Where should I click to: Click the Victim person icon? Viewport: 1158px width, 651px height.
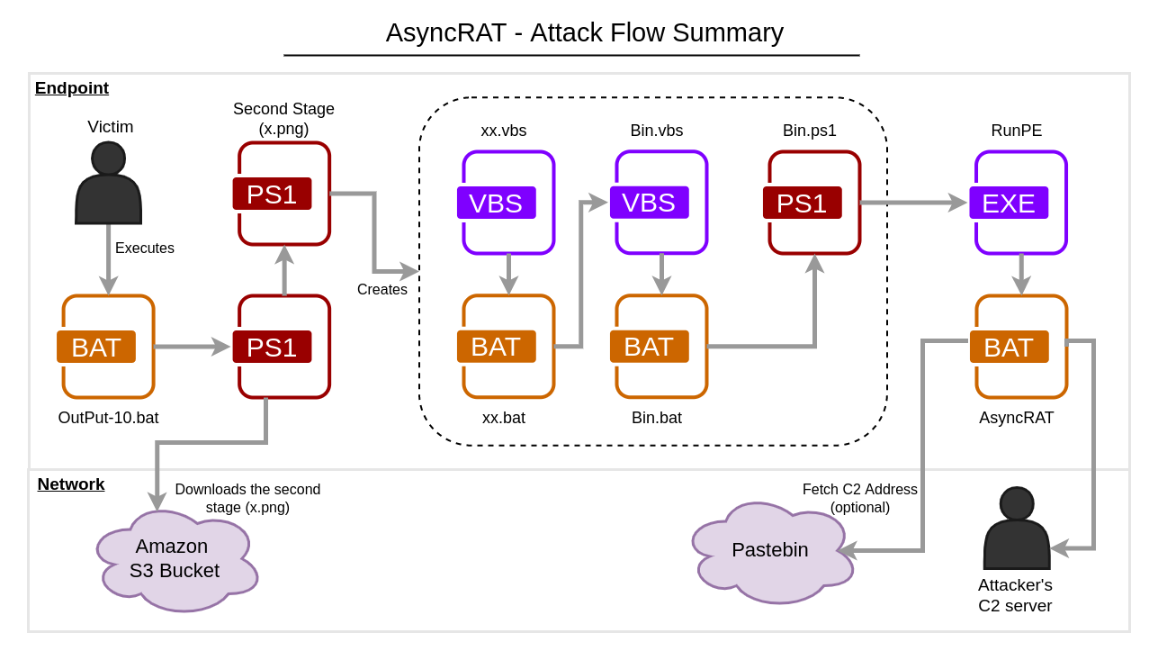(108, 185)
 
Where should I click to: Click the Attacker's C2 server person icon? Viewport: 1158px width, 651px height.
(1017, 531)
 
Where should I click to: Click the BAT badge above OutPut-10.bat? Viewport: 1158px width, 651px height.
(96, 347)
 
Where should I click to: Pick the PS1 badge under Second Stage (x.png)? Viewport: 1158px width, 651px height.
(272, 194)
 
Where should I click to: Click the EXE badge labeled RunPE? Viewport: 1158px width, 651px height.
(1009, 203)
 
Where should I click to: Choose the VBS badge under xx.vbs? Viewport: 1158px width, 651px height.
(496, 203)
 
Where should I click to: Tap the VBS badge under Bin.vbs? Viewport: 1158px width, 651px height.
(649, 203)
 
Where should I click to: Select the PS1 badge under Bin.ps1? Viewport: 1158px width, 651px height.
(802, 203)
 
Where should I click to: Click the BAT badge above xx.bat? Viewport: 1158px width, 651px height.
(496, 347)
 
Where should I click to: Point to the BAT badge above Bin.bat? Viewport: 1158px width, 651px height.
(649, 347)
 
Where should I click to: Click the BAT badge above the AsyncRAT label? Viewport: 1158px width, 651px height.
(1009, 347)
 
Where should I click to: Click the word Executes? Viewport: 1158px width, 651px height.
(144, 249)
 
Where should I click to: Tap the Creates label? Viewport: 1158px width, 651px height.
(382, 290)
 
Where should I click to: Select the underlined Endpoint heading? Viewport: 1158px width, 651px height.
(72, 88)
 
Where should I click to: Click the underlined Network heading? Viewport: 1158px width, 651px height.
(71, 484)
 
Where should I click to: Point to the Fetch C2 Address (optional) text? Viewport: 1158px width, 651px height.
(859, 498)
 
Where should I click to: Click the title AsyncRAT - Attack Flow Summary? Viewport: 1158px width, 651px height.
(584, 33)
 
